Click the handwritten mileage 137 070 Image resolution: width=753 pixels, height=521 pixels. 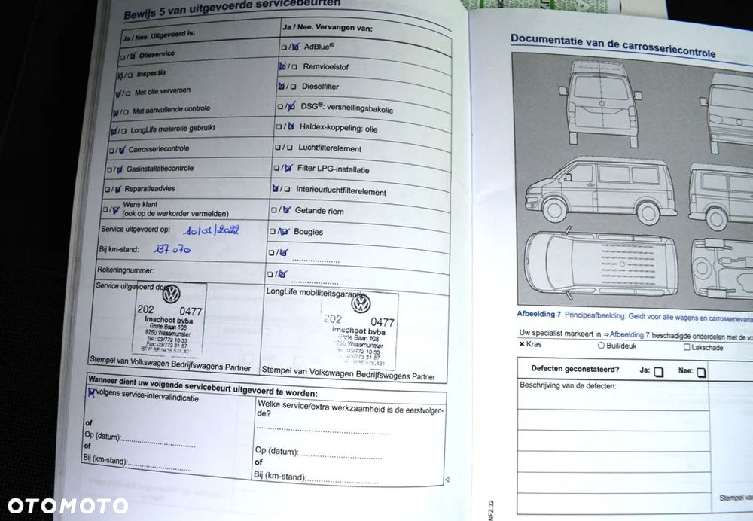pyautogui.click(x=171, y=248)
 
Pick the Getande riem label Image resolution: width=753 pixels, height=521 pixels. pyautogui.click(x=319, y=211)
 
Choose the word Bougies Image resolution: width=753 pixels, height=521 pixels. pyautogui.click(x=308, y=232)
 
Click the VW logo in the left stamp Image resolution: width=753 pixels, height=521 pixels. pyautogui.click(x=172, y=294)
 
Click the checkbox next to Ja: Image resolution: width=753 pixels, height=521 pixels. pyautogui.click(x=659, y=372)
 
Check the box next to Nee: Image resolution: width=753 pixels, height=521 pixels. pyautogui.click(x=701, y=372)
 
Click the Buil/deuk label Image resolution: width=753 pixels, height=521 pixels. pyautogui.click(x=621, y=346)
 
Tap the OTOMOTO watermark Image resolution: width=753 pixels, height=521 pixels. pyautogui.click(x=68, y=505)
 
